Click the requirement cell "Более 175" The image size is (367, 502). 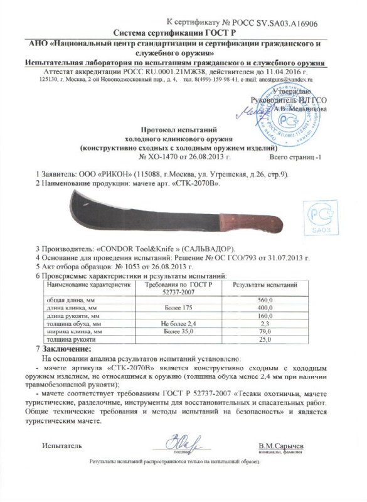[174, 307]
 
